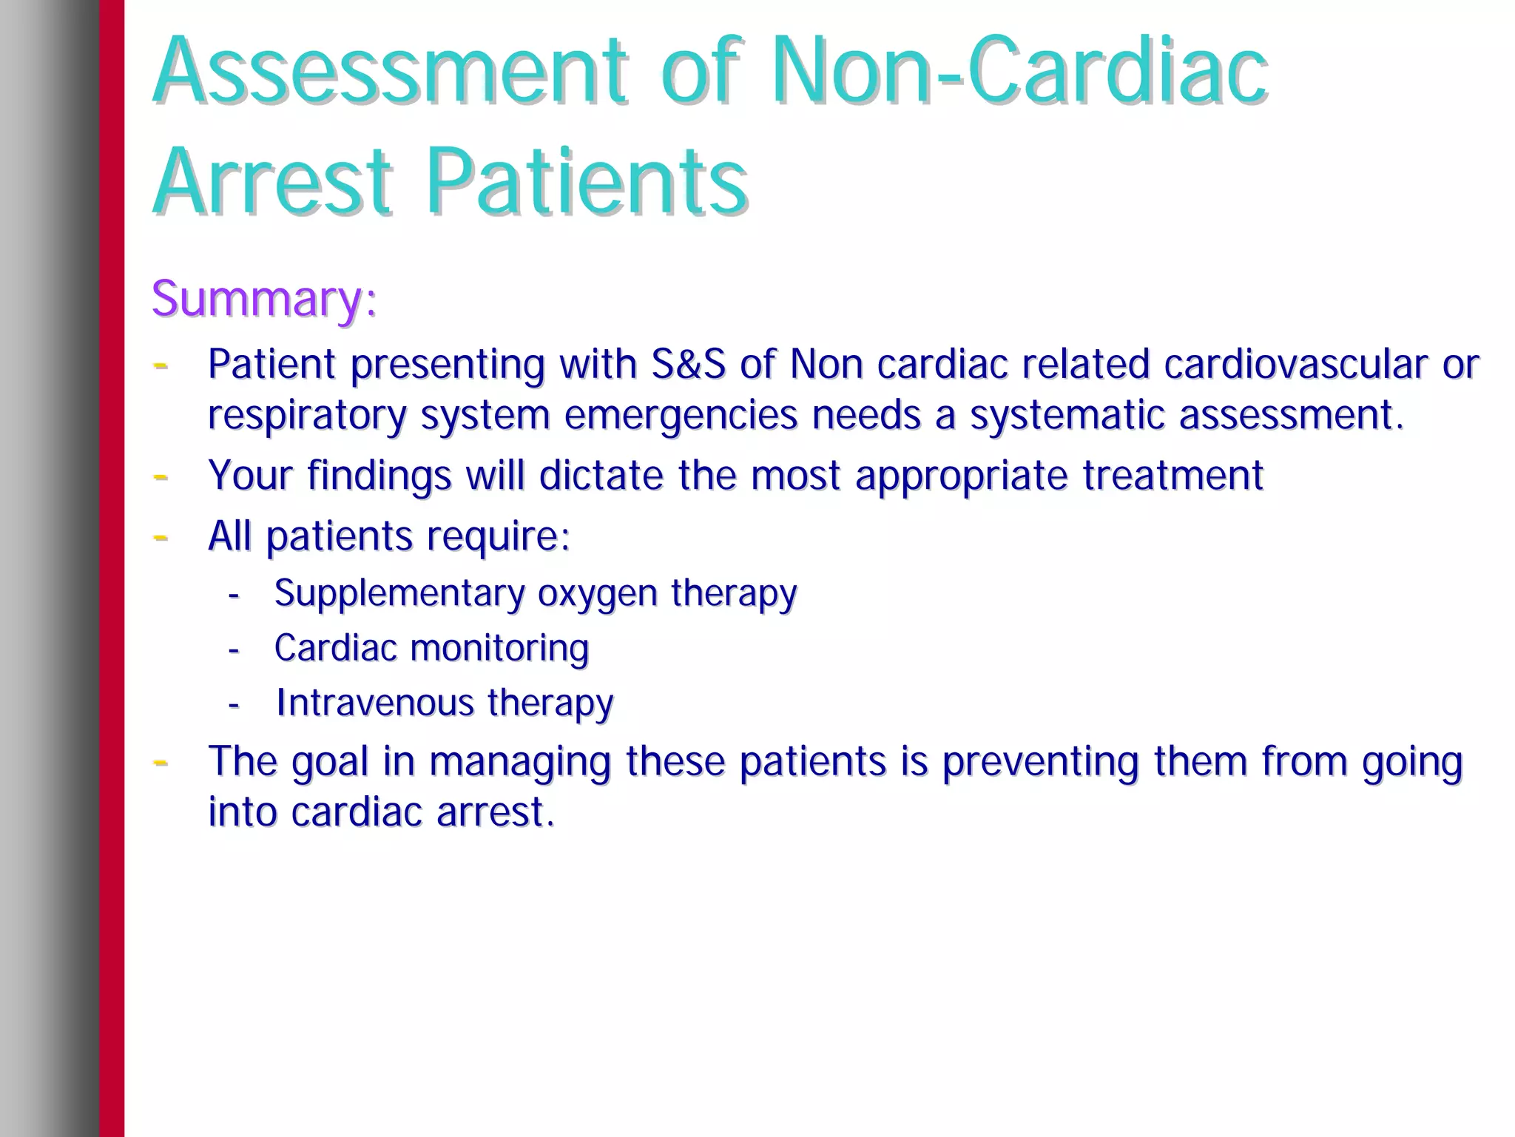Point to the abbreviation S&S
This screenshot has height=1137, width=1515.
click(x=688, y=364)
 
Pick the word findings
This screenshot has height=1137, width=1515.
click(x=379, y=475)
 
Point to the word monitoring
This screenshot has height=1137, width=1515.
click(x=499, y=649)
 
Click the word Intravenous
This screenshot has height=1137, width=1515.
click(x=375, y=703)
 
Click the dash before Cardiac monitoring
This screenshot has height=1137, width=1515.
click(x=234, y=650)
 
